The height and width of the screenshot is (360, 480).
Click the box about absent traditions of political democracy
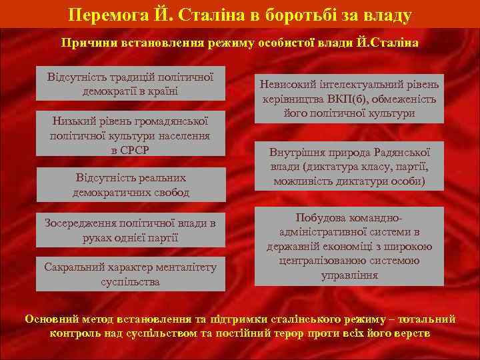(131, 83)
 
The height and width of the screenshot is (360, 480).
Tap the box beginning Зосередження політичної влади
(131, 230)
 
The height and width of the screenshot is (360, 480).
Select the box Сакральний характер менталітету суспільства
(131, 274)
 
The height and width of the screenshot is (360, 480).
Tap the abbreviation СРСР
(130, 149)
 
